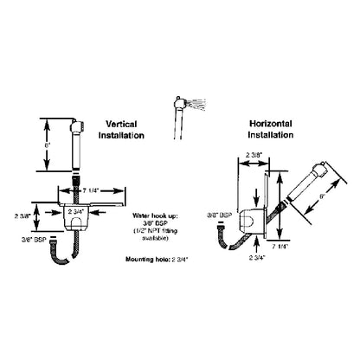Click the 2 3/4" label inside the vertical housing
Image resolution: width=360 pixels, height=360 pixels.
click(80, 209)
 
